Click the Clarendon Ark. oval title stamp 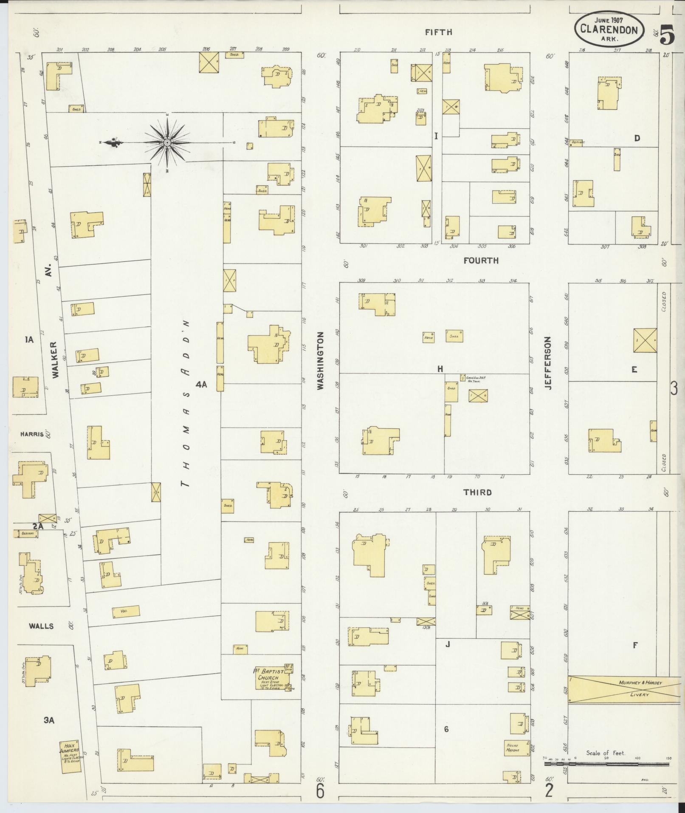point(609,29)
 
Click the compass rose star point(167,142)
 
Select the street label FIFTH point(439,32)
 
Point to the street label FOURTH point(481,261)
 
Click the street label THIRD point(477,492)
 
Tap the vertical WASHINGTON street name point(320,362)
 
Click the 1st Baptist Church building point(272,677)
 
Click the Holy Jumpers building point(70,757)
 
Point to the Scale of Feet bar point(606,764)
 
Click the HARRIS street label point(32,434)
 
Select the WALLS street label point(41,626)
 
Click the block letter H point(440,369)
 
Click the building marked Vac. point(126,612)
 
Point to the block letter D point(637,138)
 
